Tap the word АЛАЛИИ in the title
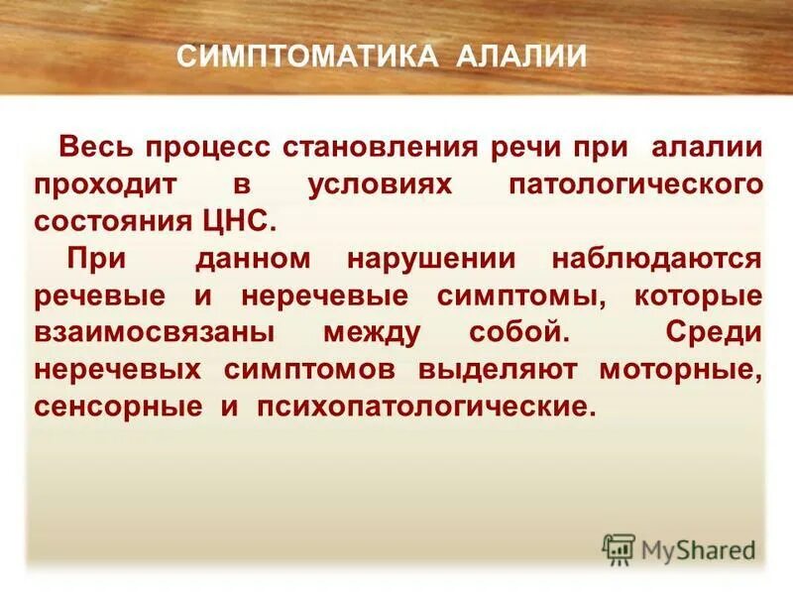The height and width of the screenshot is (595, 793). coord(521,56)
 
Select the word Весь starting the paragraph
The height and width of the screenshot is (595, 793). coord(102,148)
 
